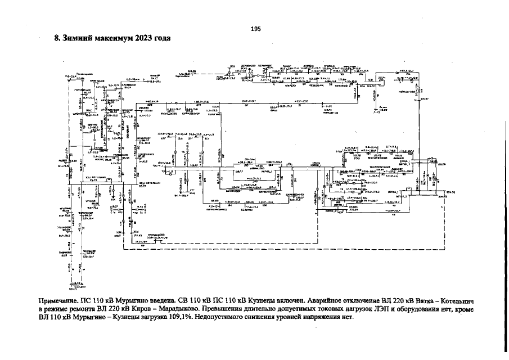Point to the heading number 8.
point(57,39)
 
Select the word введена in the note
point(185,301)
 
